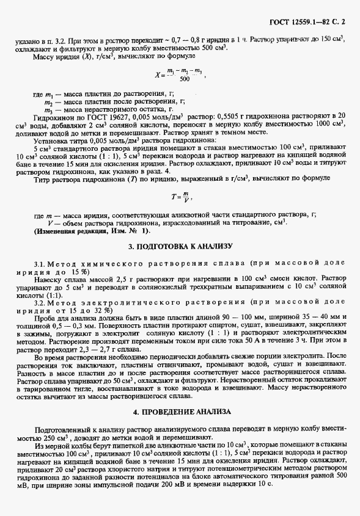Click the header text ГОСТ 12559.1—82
pyautogui.click(x=302, y=23)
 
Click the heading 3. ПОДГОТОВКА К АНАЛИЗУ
pyautogui.click(x=180, y=246)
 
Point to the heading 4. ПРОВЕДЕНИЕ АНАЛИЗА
pyautogui.click(x=180, y=412)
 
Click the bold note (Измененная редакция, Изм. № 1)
pyautogui.click(x=91, y=232)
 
